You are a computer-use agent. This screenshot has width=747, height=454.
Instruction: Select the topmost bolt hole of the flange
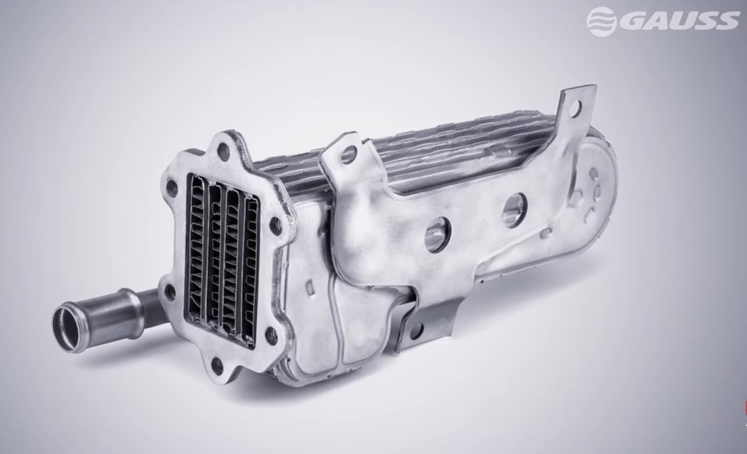click(x=224, y=152)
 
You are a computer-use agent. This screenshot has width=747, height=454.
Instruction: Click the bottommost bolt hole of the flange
click(x=218, y=364)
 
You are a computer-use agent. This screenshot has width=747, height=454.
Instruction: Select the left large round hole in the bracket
click(x=438, y=237)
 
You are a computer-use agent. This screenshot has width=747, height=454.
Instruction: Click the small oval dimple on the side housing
click(x=309, y=287)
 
